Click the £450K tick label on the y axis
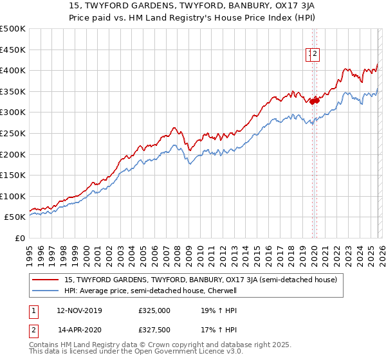coord(13,50)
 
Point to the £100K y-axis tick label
coord(13,196)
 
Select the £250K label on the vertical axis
coord(13,133)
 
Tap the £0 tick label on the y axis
coord(20,238)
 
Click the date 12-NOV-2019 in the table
coord(79,310)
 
